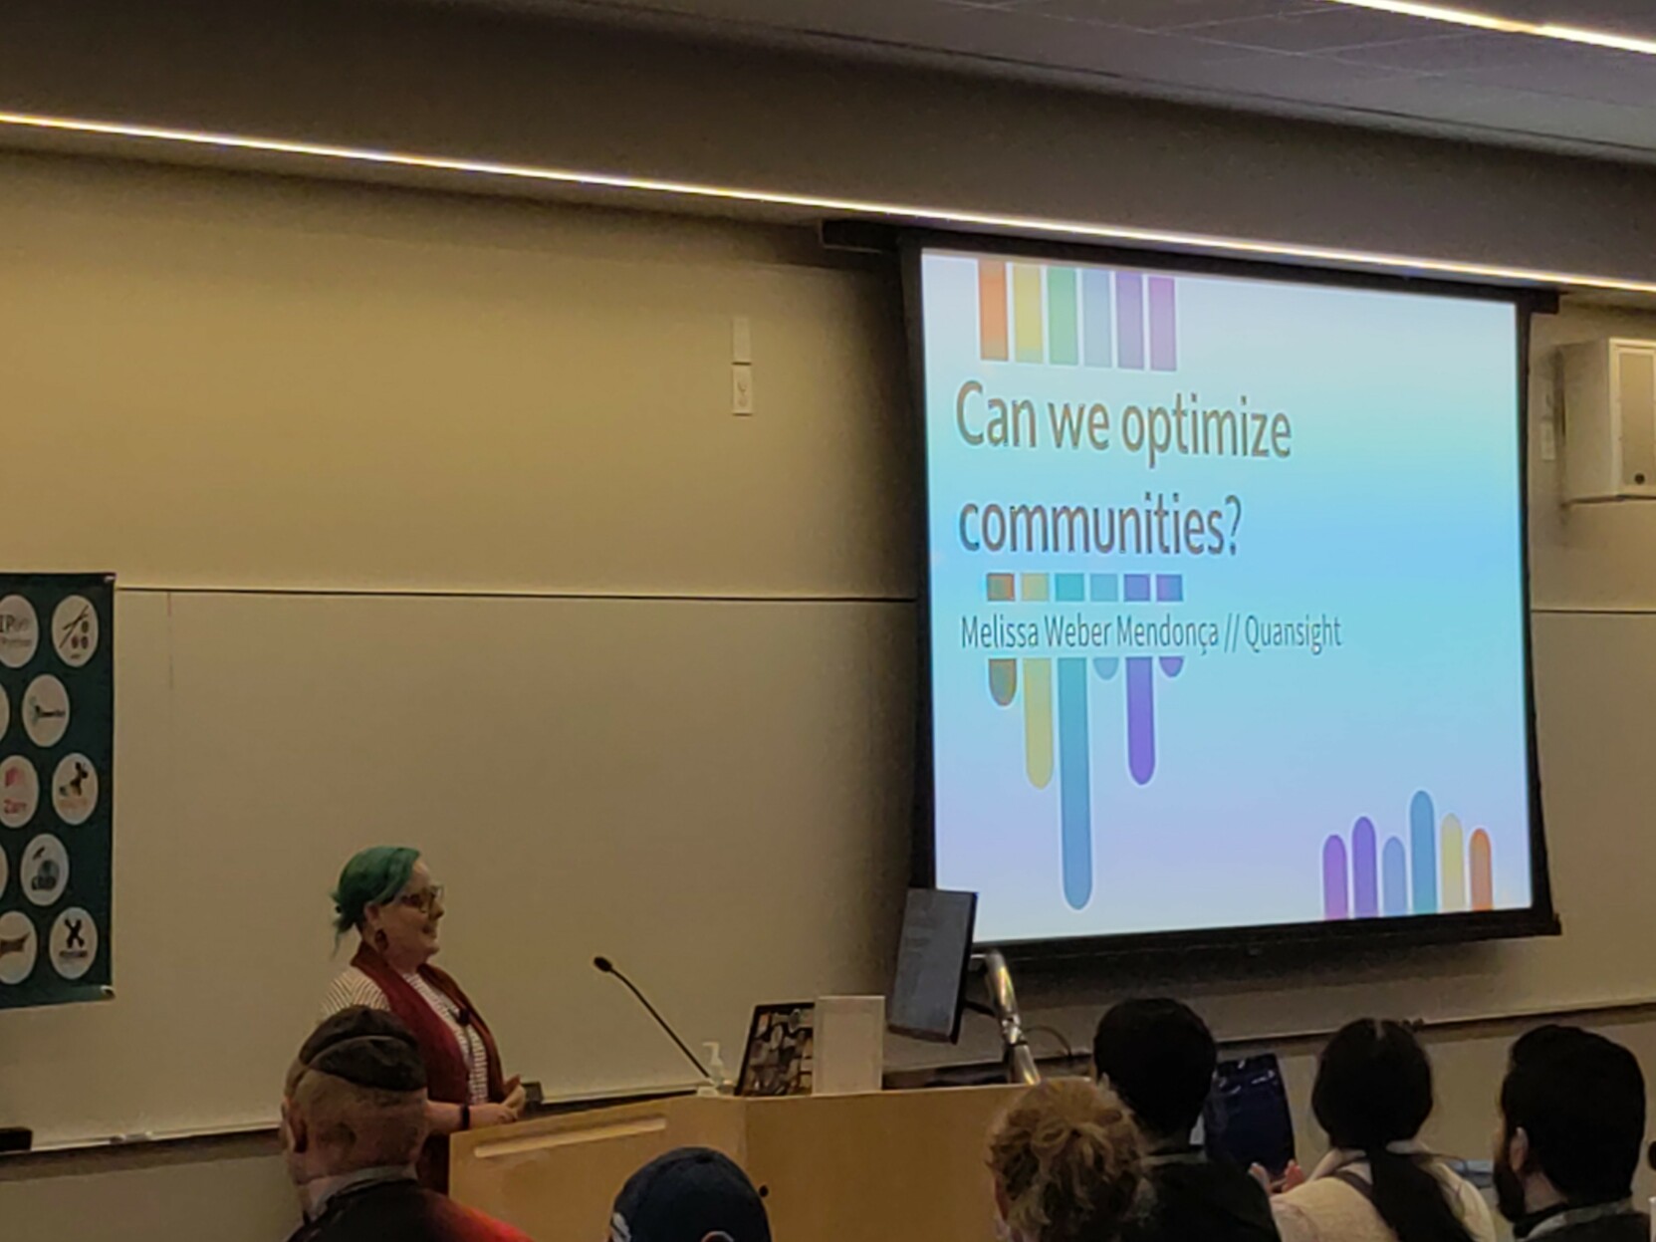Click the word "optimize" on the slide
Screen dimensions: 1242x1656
point(1206,430)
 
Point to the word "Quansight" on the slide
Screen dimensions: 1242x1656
point(1293,632)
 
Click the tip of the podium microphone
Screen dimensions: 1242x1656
point(601,963)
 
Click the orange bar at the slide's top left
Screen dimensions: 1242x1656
point(993,310)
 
